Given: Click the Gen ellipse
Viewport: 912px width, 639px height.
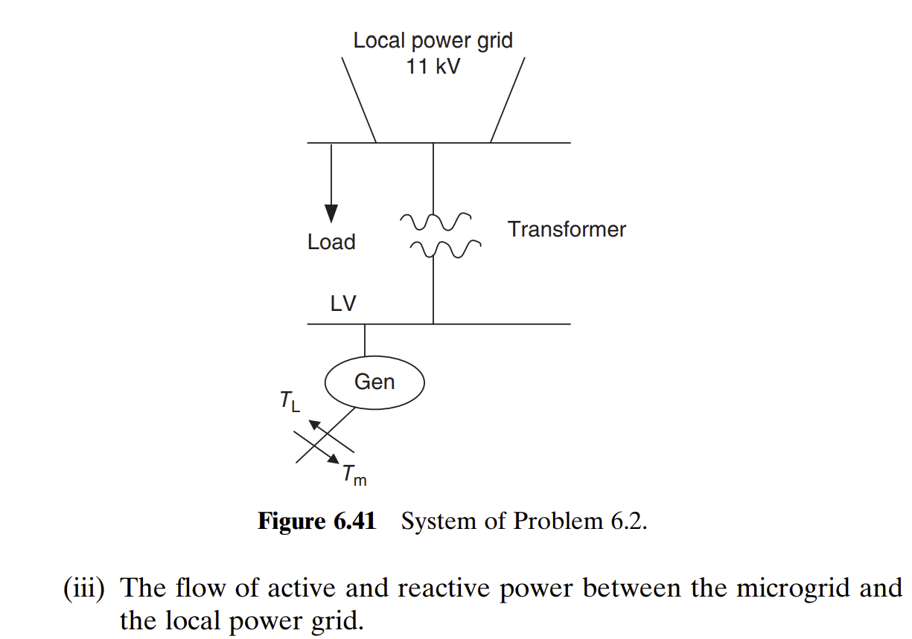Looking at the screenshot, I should pos(374,382).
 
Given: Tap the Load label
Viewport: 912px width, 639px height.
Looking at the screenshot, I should pos(331,242).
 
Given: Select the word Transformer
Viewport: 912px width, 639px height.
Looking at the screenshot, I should pos(567,229).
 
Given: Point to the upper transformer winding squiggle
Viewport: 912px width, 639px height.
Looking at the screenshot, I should pos(436,220).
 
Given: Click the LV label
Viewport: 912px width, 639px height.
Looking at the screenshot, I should pos(343,304).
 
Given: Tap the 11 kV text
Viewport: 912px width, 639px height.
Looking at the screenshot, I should pos(433,66).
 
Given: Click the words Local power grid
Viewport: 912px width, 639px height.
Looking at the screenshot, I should pos(433,40).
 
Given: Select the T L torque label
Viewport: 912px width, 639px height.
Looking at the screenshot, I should pos(290,402).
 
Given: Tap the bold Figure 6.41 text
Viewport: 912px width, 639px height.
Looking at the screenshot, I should pos(316,521).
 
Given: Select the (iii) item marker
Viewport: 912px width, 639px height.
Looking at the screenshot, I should pos(86,588).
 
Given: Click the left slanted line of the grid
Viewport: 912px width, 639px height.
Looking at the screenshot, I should pos(359,100).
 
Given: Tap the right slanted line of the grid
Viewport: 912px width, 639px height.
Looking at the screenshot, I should pos(508,100).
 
